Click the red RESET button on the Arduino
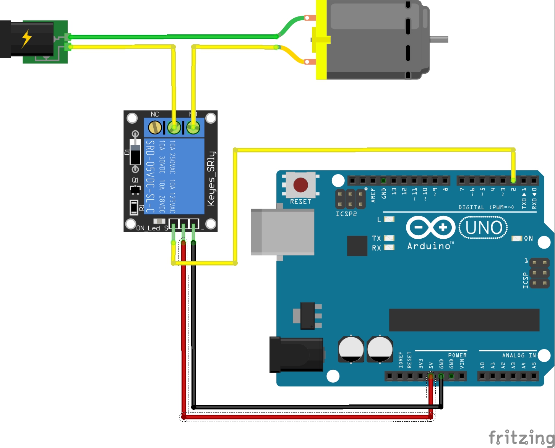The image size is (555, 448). (300, 185)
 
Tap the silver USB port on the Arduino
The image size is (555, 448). (282, 232)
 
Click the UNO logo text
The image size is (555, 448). (484, 228)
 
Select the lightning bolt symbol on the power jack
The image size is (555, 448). (26, 39)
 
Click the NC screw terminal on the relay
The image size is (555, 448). (155, 127)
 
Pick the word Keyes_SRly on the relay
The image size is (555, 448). (211, 178)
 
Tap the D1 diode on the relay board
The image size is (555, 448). (135, 152)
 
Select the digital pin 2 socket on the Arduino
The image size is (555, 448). (513, 180)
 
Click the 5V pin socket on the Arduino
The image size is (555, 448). (431, 376)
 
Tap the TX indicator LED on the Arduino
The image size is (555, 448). (389, 238)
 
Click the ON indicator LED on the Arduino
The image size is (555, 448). (516, 238)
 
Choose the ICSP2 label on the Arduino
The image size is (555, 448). (346, 214)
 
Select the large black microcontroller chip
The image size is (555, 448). (464, 320)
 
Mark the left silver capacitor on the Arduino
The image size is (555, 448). (351, 349)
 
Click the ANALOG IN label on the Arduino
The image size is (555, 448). (519, 355)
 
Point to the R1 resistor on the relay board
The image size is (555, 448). (134, 207)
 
